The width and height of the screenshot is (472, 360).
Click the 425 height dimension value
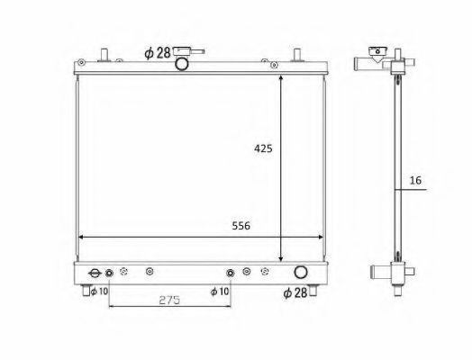(x=263, y=148)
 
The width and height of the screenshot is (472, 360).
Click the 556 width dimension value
(x=241, y=226)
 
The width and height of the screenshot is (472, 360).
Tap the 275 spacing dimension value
(x=169, y=300)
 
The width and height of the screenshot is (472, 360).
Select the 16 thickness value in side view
(x=415, y=181)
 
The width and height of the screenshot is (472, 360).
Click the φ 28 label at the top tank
(x=158, y=53)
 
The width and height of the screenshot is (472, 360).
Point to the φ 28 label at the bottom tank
(x=295, y=292)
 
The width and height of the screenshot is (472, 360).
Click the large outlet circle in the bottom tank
(x=301, y=272)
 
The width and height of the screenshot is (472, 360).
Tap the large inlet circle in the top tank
(x=182, y=64)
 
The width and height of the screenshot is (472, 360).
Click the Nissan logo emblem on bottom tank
(x=95, y=273)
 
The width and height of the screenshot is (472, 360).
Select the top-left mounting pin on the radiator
(x=104, y=55)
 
